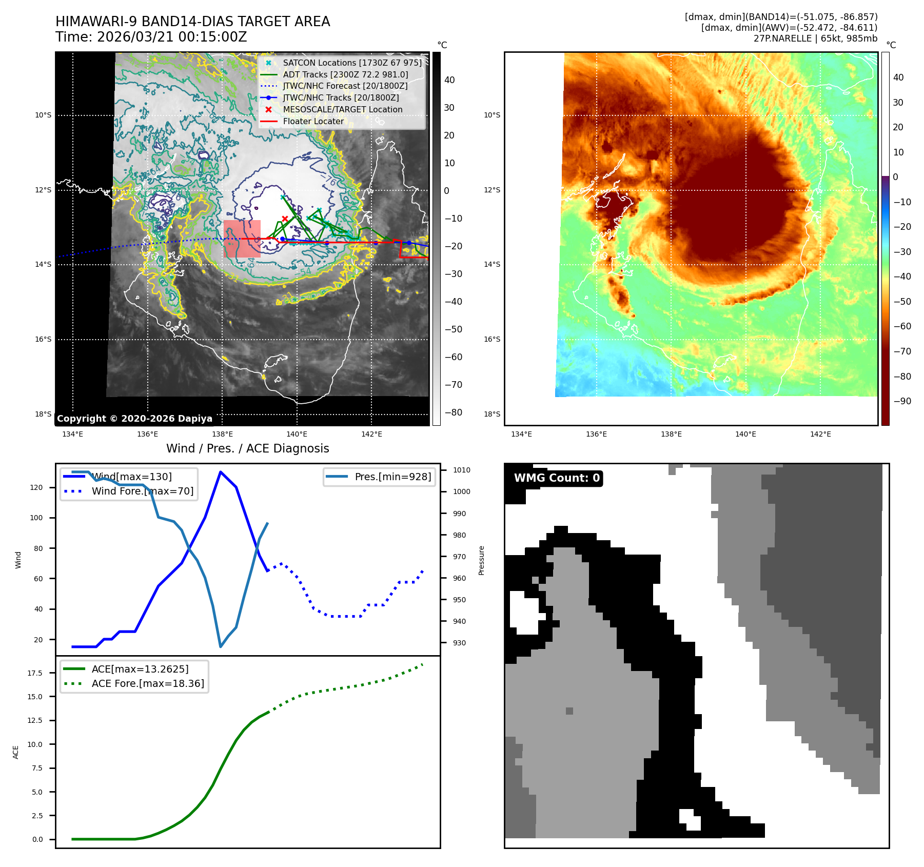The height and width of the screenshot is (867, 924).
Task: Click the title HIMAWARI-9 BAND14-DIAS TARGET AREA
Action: (x=192, y=22)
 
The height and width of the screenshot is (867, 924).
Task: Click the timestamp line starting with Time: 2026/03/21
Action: (x=151, y=37)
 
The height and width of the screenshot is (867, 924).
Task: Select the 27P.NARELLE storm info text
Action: (x=815, y=38)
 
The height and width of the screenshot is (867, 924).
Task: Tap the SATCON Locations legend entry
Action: (x=352, y=63)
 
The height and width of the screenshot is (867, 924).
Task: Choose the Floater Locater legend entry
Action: (x=313, y=121)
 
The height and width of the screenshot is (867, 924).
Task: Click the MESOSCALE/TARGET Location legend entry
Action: (x=342, y=109)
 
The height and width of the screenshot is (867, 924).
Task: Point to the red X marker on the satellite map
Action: (x=285, y=219)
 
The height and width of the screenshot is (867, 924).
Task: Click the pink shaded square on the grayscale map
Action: (x=242, y=239)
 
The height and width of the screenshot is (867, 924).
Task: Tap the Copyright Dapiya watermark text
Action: (x=134, y=419)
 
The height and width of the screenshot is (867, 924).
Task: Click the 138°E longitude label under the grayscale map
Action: (x=222, y=434)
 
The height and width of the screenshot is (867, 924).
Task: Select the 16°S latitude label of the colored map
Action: (x=492, y=339)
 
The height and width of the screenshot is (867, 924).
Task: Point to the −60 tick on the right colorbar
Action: (x=902, y=326)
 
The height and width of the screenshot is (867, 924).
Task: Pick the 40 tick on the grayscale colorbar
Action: (x=449, y=80)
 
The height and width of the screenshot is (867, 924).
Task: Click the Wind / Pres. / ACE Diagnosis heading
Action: (x=247, y=448)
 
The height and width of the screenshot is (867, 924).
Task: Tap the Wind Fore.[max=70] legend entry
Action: (x=142, y=491)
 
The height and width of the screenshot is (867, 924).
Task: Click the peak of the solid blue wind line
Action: (x=221, y=472)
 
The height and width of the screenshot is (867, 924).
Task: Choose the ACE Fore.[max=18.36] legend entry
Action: (x=147, y=683)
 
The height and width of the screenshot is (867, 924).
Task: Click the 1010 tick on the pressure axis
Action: (x=461, y=470)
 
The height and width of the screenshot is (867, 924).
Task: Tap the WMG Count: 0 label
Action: (x=557, y=478)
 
